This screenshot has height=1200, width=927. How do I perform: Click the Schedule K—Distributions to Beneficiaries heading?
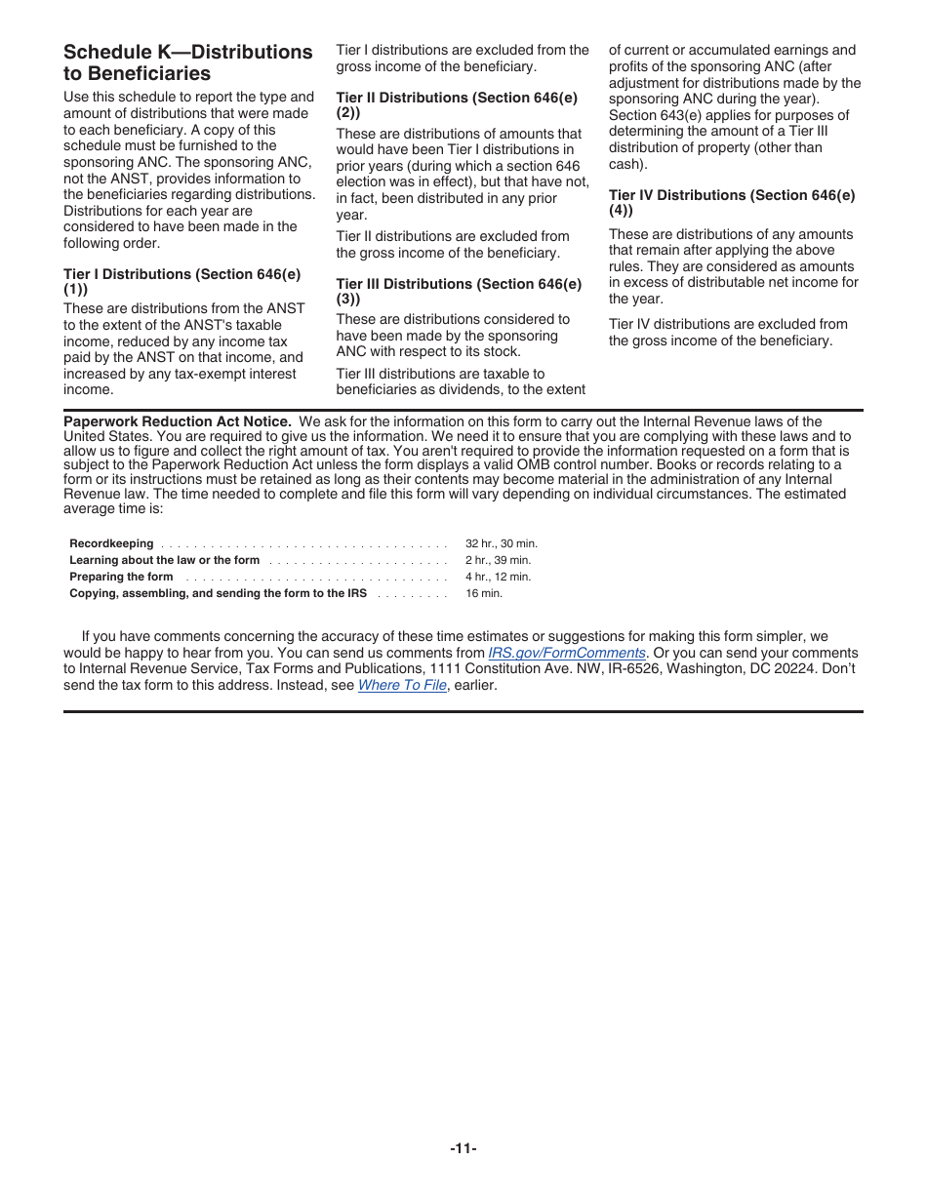click(187, 62)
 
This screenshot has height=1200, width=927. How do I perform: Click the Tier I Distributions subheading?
click(181, 282)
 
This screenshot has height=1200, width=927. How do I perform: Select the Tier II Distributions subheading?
click(457, 105)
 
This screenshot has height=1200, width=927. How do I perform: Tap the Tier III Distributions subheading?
click(459, 292)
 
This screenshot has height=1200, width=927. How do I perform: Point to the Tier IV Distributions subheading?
click(732, 203)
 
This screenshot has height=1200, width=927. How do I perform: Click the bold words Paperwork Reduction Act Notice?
click(177, 421)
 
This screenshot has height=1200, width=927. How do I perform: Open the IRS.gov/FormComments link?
click(567, 653)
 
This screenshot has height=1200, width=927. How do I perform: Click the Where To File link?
click(402, 685)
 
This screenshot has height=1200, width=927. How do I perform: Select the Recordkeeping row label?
click(111, 543)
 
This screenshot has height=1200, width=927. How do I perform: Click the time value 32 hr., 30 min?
click(502, 543)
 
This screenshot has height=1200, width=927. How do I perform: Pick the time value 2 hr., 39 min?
click(498, 560)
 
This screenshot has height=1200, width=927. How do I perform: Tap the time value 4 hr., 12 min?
click(498, 577)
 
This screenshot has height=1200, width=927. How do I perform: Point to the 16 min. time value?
click(484, 593)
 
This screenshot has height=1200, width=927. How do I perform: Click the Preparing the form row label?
click(121, 577)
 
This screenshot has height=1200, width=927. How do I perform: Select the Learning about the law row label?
click(164, 560)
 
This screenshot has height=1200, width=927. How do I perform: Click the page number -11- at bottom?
click(463, 1148)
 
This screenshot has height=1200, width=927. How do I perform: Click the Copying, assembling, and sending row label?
click(218, 593)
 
